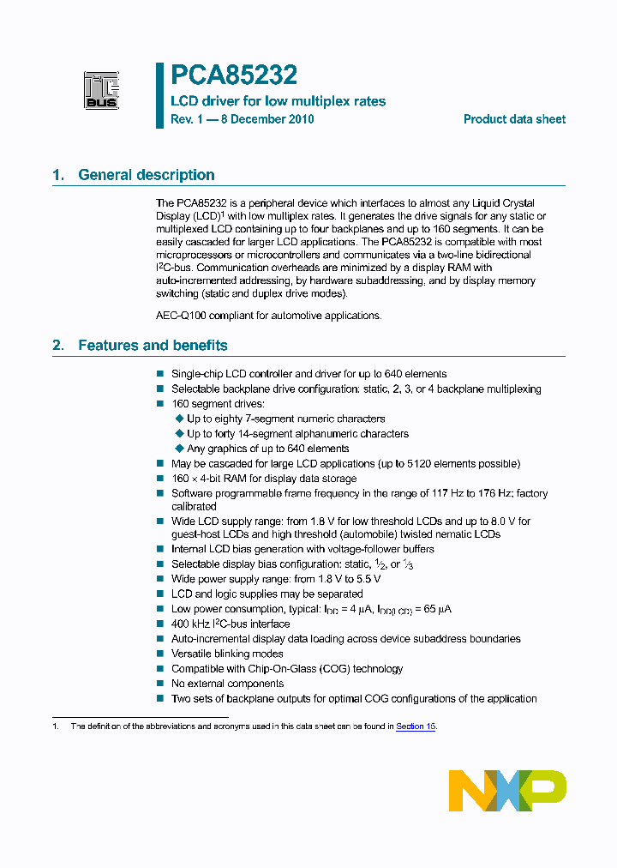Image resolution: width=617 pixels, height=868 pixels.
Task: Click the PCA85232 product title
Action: point(234,76)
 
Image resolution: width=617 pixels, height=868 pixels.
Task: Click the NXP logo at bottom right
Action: point(507,790)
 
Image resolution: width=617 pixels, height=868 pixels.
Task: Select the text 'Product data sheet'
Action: point(514,119)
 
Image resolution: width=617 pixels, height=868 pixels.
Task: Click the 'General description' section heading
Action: point(146,175)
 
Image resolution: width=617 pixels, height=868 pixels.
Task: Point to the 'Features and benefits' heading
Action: point(153,346)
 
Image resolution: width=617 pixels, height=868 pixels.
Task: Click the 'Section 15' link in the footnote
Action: point(416,726)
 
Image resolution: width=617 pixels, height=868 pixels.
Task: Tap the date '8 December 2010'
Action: point(267,119)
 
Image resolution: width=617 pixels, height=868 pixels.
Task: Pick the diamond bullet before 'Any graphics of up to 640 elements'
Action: point(180,449)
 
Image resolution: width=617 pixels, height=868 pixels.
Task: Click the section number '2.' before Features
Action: point(58,346)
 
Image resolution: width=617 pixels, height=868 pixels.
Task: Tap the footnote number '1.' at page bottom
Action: point(55,726)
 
